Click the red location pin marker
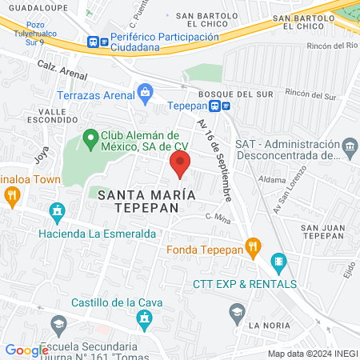pyautogui.click(x=180, y=165)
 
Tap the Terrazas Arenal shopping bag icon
pyautogui.click(x=144, y=93)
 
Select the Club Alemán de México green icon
pyautogui.click(x=90, y=138)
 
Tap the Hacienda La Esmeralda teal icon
pyautogui.click(x=56, y=212)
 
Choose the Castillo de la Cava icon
pyautogui.click(x=144, y=321)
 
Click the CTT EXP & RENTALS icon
pyautogui.click(x=278, y=261)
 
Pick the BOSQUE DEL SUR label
pyautogui.click(x=226, y=94)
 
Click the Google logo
pyautogui.click(x=26, y=350)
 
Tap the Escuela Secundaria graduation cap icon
pyautogui.click(x=58, y=325)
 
